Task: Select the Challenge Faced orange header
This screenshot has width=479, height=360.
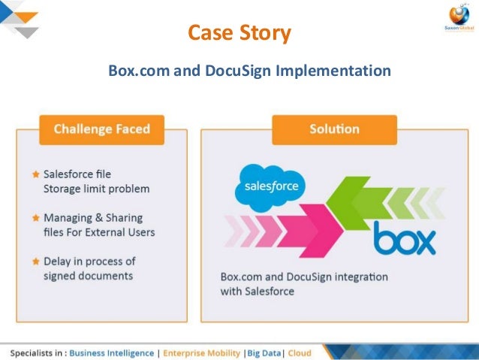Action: (101, 129)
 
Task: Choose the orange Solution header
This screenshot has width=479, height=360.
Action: (334, 129)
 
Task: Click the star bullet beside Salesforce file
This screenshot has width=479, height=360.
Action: (35, 174)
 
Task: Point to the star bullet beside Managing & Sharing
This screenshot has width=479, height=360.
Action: (35, 218)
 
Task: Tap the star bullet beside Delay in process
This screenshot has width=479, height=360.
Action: (35, 262)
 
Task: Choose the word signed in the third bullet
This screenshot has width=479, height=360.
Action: (60, 275)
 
